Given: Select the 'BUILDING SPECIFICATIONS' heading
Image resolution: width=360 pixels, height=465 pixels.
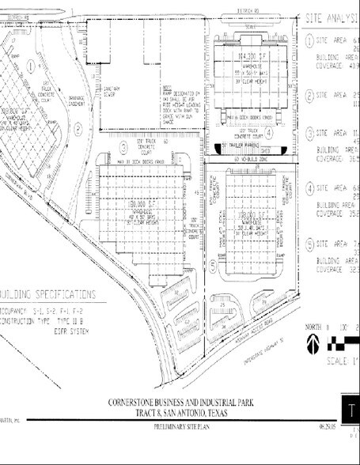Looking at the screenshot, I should pyautogui.click(x=49, y=293).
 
